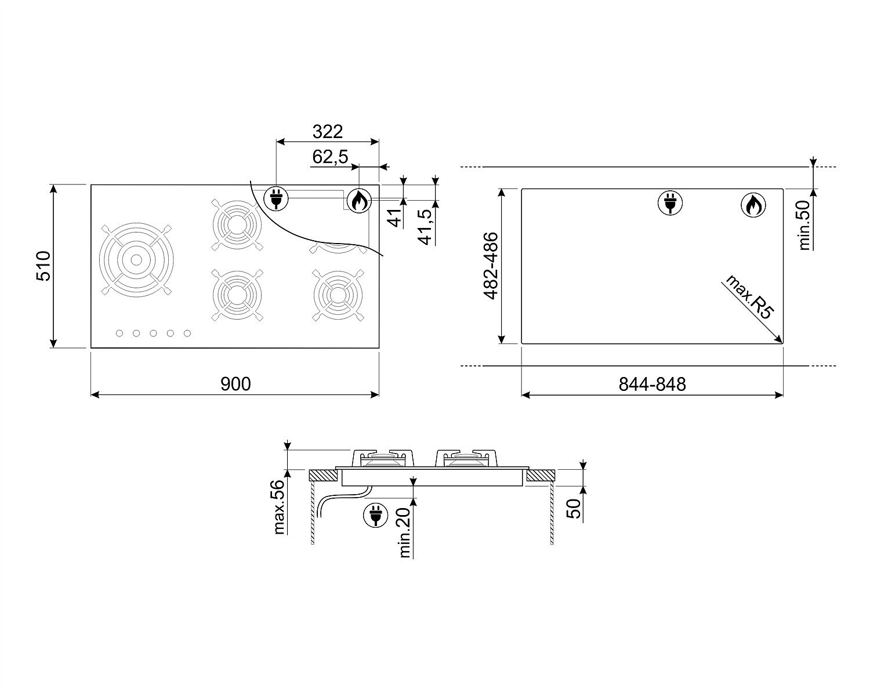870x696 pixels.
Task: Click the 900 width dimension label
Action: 235,384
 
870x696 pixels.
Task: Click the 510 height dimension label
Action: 43,266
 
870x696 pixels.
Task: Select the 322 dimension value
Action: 328,132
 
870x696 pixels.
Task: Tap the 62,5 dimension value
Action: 330,157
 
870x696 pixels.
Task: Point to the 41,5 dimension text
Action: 426,227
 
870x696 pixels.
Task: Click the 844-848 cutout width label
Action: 652,384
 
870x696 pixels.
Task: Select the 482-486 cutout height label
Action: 490,266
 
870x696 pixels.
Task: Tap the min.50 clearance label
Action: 805,225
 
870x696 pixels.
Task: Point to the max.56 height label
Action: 280,507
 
